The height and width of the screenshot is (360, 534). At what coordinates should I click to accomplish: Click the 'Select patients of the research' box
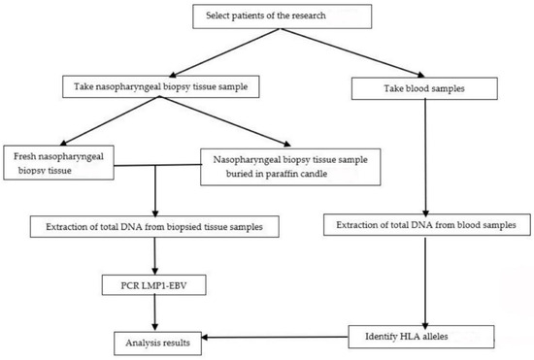[x=283, y=17]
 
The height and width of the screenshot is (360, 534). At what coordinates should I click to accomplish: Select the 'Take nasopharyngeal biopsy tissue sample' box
[x=170, y=85]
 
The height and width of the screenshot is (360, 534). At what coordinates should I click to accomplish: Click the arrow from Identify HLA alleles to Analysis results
[x=282, y=338]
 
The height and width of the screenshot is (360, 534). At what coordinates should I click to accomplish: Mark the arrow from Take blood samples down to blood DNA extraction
[x=425, y=155]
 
